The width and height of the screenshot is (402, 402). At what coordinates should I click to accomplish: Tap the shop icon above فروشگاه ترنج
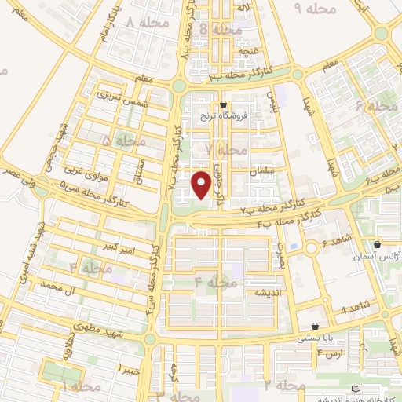point(224,104)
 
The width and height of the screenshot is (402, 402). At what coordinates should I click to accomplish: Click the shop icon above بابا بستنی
point(316,326)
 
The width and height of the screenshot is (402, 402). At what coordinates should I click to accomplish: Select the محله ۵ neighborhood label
point(123,141)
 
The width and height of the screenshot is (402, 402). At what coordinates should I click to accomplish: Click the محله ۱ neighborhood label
point(82,387)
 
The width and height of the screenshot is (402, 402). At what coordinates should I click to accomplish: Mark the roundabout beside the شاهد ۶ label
point(295,246)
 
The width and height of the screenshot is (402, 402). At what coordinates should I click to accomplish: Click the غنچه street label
point(249,52)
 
